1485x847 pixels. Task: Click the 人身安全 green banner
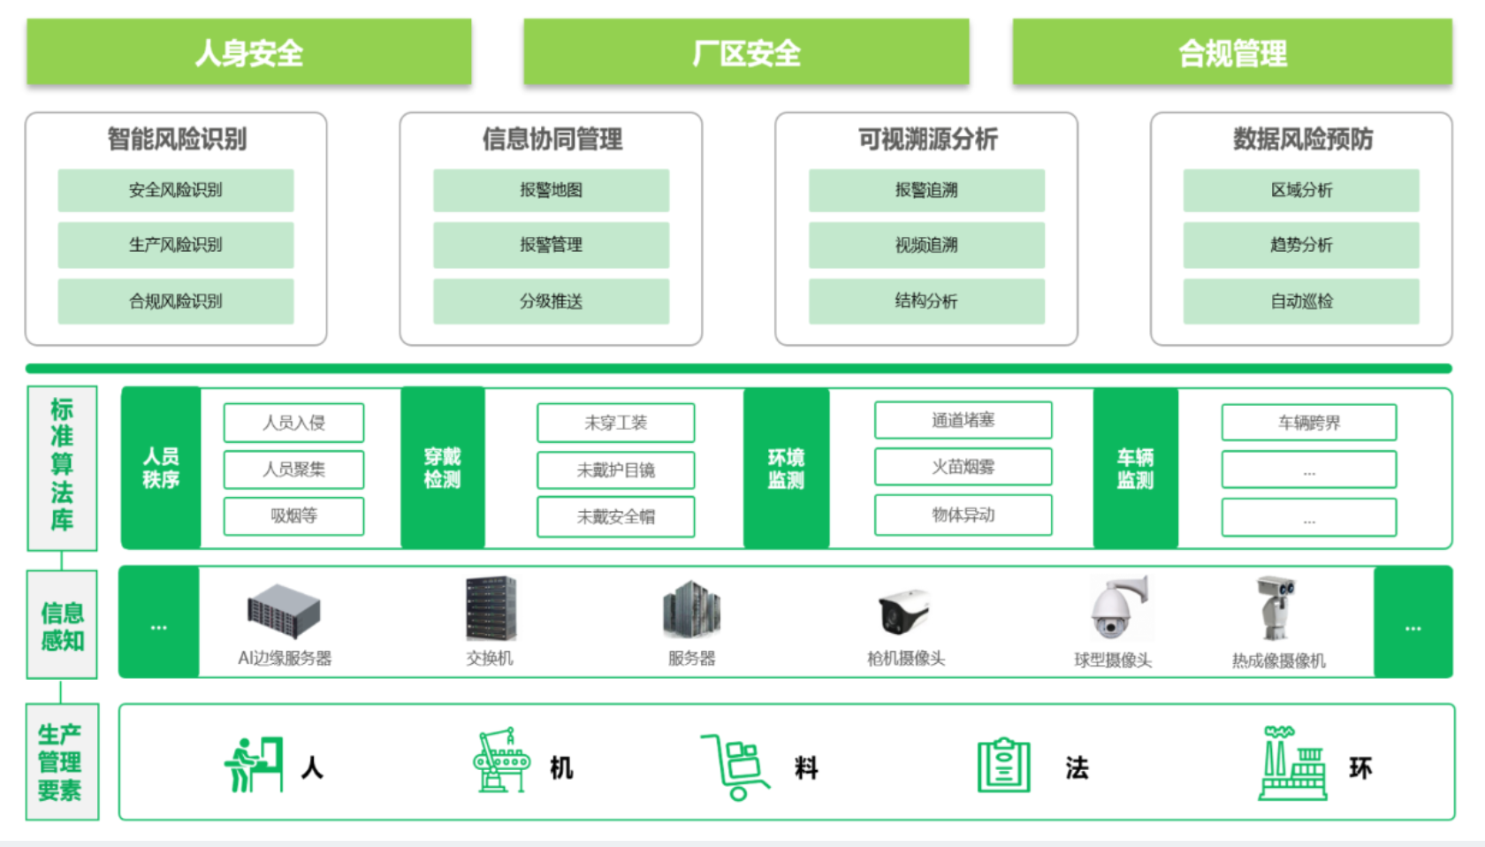pyautogui.click(x=248, y=53)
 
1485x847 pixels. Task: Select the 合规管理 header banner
pyautogui.click(x=1232, y=53)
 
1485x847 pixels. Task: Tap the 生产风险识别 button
pyautogui.click(x=176, y=245)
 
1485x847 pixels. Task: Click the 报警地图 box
pyautogui.click(x=551, y=190)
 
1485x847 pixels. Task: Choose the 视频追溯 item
pyautogui.click(x=926, y=245)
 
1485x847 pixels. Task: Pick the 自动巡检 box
pyautogui.click(x=1301, y=301)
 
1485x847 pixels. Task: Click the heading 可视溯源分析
pyautogui.click(x=927, y=139)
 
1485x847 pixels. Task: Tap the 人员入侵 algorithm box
pyautogui.click(x=293, y=423)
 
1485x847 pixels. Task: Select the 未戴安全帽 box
pyautogui.click(x=615, y=517)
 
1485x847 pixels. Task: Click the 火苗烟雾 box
pyautogui.click(x=963, y=467)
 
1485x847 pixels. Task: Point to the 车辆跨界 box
pyautogui.click(x=1308, y=423)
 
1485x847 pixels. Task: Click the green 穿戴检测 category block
pyautogui.click(x=443, y=468)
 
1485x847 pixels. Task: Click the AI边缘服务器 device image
pyautogui.click(x=283, y=611)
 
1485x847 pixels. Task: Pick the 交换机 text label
pyautogui.click(x=490, y=658)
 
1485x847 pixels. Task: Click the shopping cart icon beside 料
pyautogui.click(x=735, y=766)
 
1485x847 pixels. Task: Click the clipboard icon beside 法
pyautogui.click(x=1004, y=766)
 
